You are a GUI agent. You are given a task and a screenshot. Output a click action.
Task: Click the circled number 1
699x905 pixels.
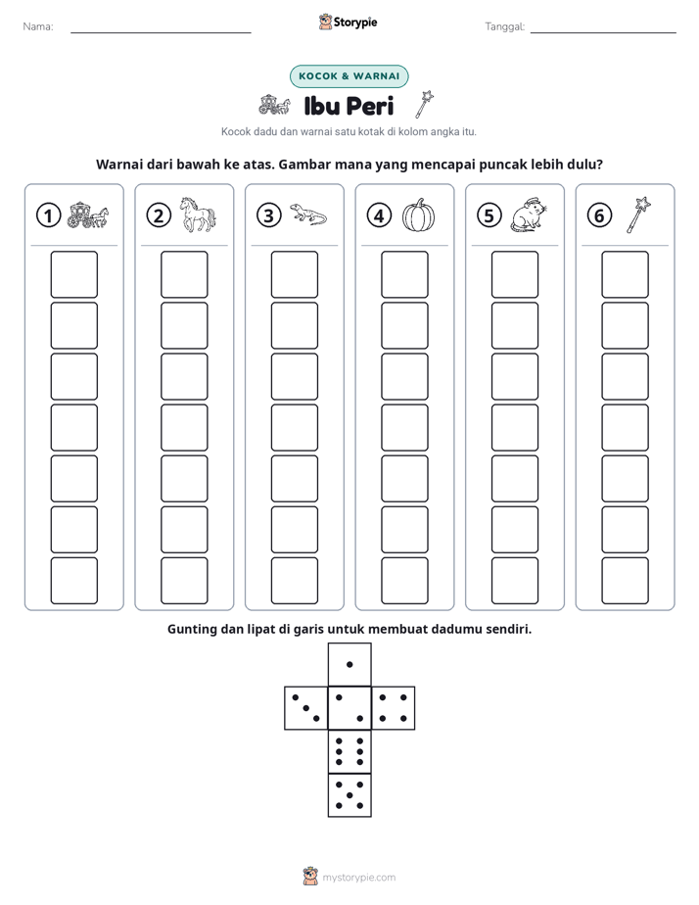point(48,215)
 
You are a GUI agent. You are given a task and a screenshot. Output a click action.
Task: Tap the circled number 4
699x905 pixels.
point(379,215)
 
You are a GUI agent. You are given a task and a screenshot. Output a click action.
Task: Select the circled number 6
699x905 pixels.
point(599,215)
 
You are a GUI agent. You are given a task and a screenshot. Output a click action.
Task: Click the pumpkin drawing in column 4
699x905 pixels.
point(419,215)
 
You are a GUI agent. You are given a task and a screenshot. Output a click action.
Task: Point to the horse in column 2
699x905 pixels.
point(198,214)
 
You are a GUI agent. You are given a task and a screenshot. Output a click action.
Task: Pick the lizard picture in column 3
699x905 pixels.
point(308,214)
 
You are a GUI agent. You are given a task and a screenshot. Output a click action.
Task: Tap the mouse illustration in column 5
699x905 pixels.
point(529,215)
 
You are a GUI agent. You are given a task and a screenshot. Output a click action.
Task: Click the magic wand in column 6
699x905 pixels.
point(638,214)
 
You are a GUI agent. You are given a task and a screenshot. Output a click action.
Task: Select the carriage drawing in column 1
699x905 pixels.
point(88,214)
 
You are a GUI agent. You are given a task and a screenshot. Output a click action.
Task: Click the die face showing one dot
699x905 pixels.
point(349,664)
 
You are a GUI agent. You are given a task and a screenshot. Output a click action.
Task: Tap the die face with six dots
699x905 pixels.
point(349,751)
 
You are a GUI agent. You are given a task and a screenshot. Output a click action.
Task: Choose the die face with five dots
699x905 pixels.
point(349,795)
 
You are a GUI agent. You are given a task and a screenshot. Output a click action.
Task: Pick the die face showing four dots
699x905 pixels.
point(394,708)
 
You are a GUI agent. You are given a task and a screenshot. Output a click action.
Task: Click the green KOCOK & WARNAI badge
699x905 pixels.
point(349,76)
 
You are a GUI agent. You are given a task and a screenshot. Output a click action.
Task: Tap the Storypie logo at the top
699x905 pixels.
point(349,23)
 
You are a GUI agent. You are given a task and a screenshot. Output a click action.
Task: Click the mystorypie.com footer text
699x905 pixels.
point(358,878)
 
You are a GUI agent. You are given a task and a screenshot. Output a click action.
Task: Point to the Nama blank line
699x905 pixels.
point(161,33)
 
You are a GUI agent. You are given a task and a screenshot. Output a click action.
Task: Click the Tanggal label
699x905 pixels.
point(504,26)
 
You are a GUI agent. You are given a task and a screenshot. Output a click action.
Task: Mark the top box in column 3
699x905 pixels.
point(295,274)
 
